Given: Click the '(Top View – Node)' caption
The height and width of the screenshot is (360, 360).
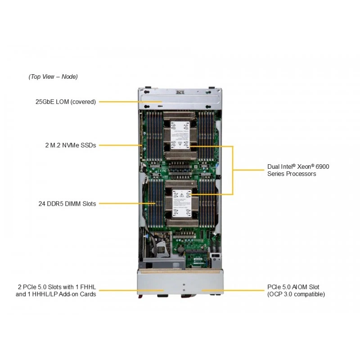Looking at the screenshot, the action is (53, 76).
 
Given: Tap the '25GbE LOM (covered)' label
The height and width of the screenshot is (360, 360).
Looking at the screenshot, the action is (66, 102).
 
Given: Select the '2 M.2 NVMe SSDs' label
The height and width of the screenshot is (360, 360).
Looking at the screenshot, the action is (71, 145).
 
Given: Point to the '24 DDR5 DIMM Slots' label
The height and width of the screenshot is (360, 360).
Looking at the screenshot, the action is (67, 204).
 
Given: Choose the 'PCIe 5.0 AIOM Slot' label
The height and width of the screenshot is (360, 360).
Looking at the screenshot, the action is (293, 287).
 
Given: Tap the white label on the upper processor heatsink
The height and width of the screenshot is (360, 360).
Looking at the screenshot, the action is (180, 135).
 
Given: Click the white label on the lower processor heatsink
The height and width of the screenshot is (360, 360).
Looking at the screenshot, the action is (182, 204).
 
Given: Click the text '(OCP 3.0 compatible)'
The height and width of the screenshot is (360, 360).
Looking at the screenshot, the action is (296, 294).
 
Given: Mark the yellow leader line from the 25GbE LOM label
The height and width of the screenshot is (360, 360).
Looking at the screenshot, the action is (130, 102).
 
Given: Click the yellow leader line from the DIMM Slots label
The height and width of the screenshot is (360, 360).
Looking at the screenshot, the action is (127, 203).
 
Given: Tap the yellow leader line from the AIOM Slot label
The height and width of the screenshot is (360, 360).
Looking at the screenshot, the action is (233, 290).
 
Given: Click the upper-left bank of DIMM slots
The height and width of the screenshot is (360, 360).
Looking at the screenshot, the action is (154, 136).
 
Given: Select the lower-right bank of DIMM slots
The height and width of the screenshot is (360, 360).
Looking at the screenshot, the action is (207, 203).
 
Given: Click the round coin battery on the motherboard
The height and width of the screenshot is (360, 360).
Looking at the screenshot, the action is (181, 249).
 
